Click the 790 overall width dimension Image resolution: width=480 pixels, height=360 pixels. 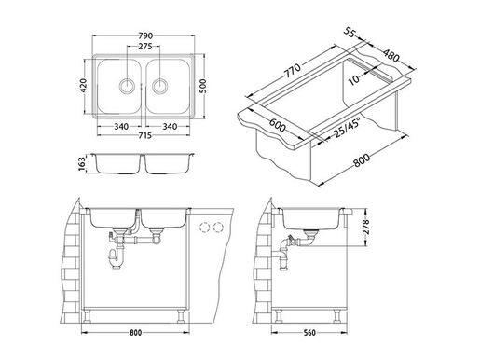[x=144, y=35]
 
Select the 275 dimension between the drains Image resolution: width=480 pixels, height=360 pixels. [x=144, y=46]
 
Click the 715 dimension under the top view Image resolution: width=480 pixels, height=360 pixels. [x=144, y=135]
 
